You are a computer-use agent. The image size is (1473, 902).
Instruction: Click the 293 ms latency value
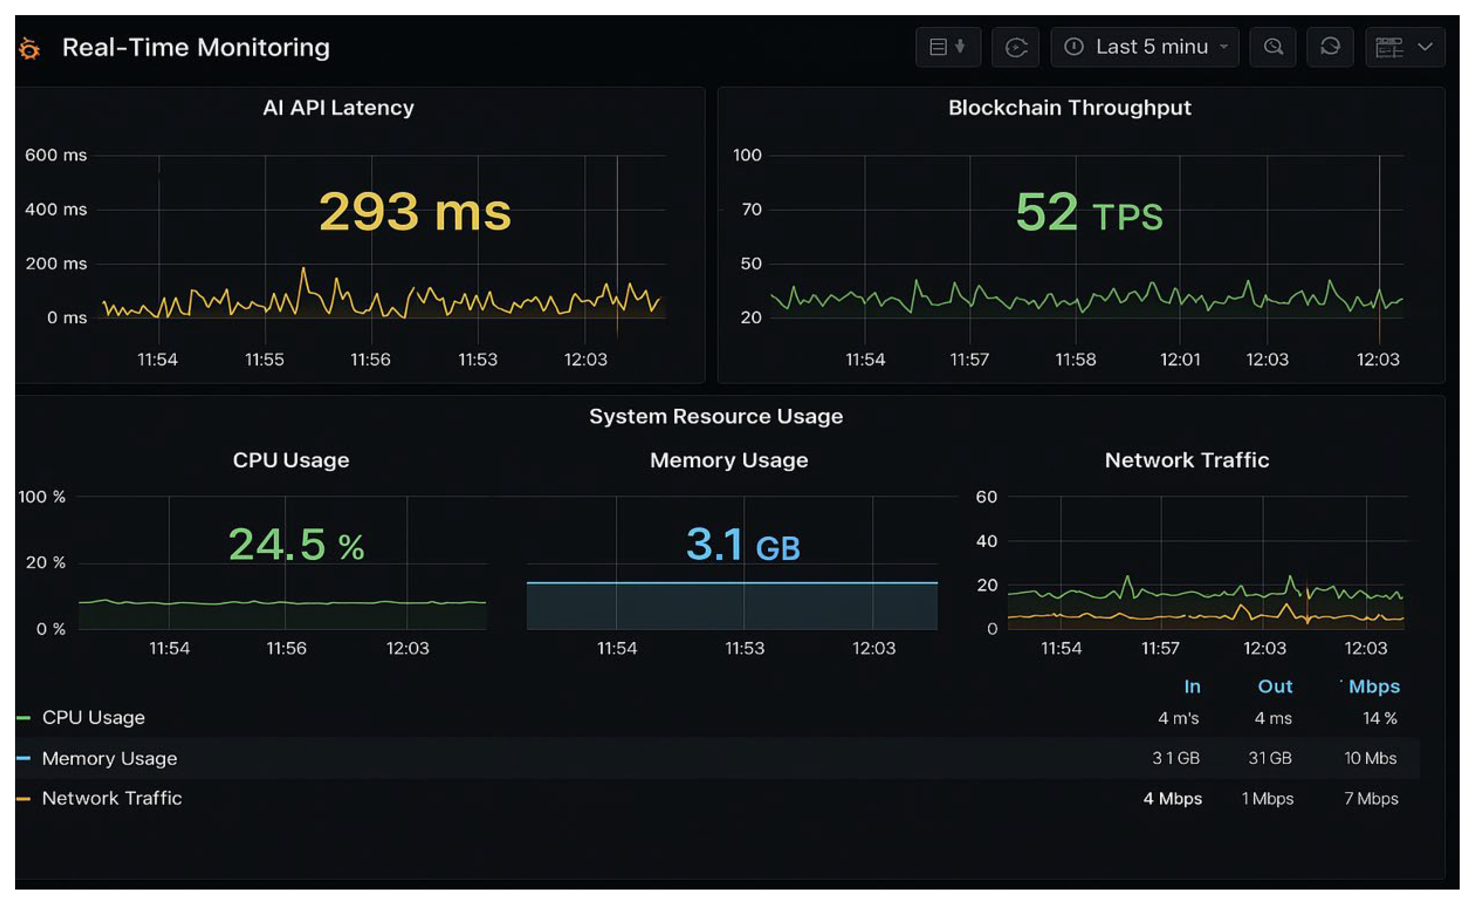415,212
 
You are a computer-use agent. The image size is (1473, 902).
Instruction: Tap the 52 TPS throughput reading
1089,213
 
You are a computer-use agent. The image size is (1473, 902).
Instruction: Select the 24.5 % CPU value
296,544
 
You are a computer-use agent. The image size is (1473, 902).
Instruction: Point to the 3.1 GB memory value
742,545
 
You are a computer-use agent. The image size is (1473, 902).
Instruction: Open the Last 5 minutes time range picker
1144,47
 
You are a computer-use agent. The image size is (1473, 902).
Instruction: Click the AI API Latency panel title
338,108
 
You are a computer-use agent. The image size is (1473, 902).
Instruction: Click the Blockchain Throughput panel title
1069,108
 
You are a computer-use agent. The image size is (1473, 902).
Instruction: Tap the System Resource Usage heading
716,416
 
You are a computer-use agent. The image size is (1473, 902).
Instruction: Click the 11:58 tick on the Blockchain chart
1076,359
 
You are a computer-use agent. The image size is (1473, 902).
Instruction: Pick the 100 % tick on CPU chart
42,497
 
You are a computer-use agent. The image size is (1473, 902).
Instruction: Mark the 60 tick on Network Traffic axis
986,497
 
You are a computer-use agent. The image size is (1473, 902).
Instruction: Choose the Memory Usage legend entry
109,758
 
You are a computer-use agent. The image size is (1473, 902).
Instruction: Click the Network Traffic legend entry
112,798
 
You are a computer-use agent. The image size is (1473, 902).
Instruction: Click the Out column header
1275,686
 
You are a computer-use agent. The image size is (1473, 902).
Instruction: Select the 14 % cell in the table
1379,718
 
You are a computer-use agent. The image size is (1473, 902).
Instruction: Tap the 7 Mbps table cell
1371,798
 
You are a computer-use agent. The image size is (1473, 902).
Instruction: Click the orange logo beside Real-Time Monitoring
29,48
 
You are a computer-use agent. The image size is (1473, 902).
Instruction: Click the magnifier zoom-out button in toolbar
1273,47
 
